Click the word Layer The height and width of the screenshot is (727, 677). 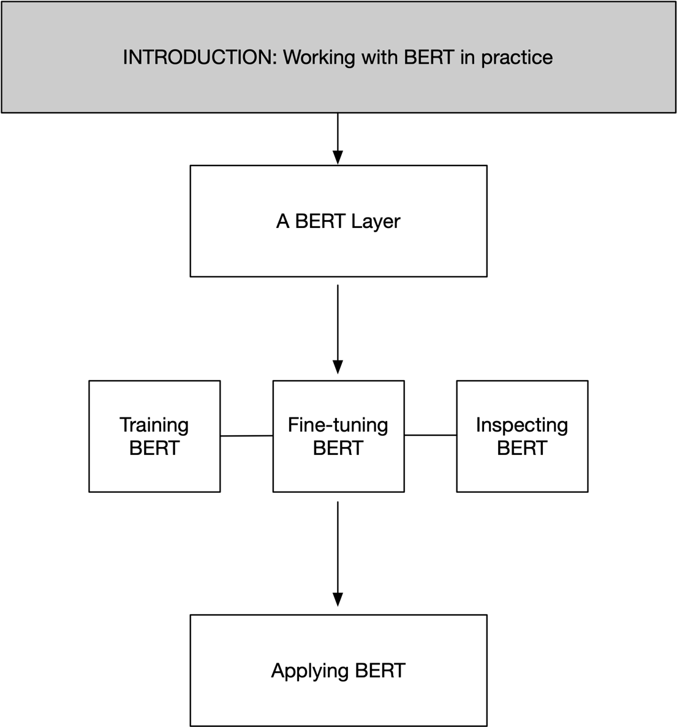pyautogui.click(x=376, y=221)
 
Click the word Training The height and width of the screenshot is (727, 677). pyautogui.click(x=154, y=425)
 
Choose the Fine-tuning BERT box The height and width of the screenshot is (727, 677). pyautogui.click(x=338, y=472)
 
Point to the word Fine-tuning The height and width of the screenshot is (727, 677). pyautogui.click(x=338, y=425)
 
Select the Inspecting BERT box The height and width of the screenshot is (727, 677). pyautogui.click(x=522, y=472)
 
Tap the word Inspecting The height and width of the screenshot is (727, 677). pyautogui.click(x=522, y=425)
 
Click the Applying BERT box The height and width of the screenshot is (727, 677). pyautogui.click(x=338, y=699)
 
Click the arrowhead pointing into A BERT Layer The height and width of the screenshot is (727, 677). pyautogui.click(x=338, y=157)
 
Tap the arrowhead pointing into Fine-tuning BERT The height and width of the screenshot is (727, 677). pyautogui.click(x=338, y=367)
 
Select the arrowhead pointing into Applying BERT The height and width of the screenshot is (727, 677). pyautogui.click(x=338, y=599)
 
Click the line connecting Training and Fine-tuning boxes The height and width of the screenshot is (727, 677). pyautogui.click(x=246, y=436)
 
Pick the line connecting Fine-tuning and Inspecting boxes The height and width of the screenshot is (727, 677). pyautogui.click(x=430, y=435)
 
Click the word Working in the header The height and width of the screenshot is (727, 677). pyautogui.click(x=319, y=57)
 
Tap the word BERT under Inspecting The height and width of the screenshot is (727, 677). pyautogui.click(x=522, y=448)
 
